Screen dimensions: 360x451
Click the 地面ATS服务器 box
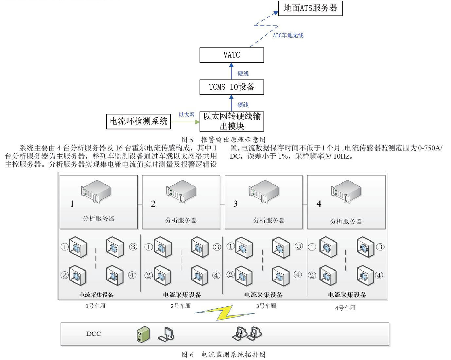click(310, 8)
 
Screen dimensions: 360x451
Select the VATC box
click(232, 55)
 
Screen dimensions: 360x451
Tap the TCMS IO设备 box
click(232, 87)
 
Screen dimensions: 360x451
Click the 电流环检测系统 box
click(138, 121)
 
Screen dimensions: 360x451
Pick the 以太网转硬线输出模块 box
click(232, 121)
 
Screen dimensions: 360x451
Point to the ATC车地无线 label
click(288, 35)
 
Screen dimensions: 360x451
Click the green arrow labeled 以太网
click(185, 122)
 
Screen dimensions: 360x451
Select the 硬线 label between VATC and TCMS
click(243, 74)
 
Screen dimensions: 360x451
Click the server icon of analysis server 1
click(95, 191)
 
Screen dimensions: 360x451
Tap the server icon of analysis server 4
click(346, 191)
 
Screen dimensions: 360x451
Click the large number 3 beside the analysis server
click(235, 204)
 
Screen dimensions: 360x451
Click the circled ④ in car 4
click(379, 275)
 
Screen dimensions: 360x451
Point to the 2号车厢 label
click(181, 306)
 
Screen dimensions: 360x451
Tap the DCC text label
click(94, 334)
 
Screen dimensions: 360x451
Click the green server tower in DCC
click(143, 334)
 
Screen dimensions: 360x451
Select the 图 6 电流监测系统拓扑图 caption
click(223, 355)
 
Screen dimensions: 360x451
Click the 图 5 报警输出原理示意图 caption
click(223, 140)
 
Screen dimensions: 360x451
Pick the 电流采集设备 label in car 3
click(264, 295)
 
